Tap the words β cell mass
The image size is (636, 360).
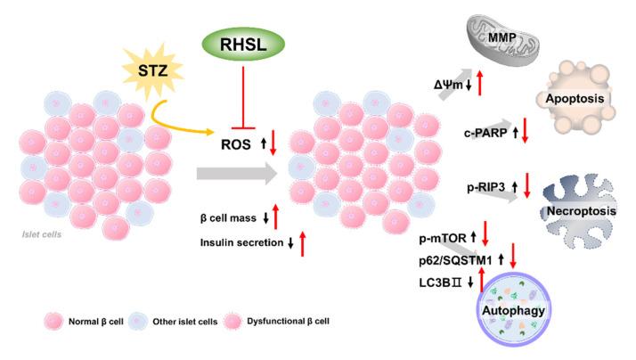click(231, 217)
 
